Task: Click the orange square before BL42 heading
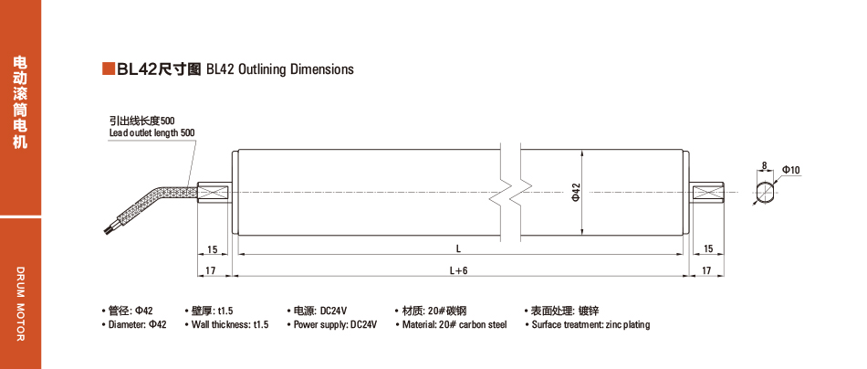coord(108,69)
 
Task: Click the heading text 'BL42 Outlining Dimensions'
coord(279,69)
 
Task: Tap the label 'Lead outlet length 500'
coord(151,133)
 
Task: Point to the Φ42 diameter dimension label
coord(575,191)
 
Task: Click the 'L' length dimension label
coord(458,248)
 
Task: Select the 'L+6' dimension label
coord(458,270)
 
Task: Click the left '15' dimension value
coord(212,248)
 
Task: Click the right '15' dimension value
coord(707,248)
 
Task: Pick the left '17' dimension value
coord(210,270)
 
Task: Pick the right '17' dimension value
coord(707,270)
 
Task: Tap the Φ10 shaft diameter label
coord(791,171)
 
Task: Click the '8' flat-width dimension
coord(763,165)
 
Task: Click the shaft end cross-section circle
coord(765,193)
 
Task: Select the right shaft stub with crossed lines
coord(707,193)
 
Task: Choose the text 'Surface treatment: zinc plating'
coord(590,324)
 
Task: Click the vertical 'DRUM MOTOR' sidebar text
coord(20,305)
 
